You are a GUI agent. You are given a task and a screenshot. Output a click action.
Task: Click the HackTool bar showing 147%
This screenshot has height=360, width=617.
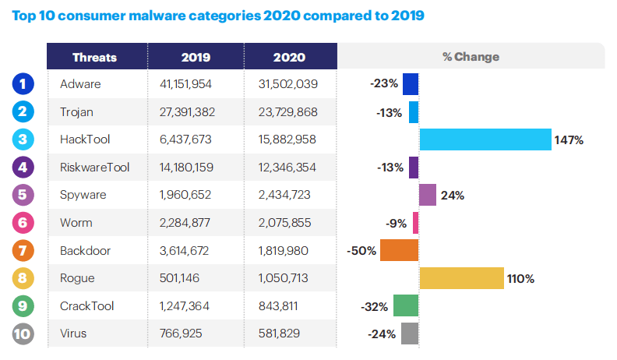(x=485, y=139)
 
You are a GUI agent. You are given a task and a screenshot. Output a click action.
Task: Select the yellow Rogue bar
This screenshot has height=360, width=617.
(x=461, y=278)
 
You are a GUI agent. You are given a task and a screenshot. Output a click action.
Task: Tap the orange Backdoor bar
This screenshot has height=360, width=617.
(x=400, y=251)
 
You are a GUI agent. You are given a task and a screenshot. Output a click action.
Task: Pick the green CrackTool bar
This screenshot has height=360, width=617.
(x=406, y=306)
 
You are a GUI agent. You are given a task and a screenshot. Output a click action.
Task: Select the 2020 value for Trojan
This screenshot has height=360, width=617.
(x=284, y=111)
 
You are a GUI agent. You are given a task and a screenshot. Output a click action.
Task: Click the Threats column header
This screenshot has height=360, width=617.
(x=94, y=57)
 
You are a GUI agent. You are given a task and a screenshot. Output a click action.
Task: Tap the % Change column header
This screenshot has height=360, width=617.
(x=471, y=57)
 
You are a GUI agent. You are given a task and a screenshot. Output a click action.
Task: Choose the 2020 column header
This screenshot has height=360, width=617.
(x=289, y=57)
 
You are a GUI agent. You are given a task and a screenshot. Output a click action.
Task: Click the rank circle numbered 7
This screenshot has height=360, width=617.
(x=23, y=250)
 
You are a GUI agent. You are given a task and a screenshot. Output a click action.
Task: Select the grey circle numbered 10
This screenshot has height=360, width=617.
(x=23, y=334)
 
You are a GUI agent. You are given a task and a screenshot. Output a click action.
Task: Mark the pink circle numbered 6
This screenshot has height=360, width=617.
(x=23, y=223)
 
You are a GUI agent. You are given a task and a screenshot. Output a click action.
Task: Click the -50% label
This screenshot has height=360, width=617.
(x=362, y=251)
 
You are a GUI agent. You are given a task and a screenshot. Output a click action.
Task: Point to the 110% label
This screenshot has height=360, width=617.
(x=520, y=279)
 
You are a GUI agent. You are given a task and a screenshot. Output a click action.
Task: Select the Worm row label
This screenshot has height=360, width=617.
(x=76, y=223)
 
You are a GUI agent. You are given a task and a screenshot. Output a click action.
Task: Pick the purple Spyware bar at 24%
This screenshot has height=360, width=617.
(x=428, y=195)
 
